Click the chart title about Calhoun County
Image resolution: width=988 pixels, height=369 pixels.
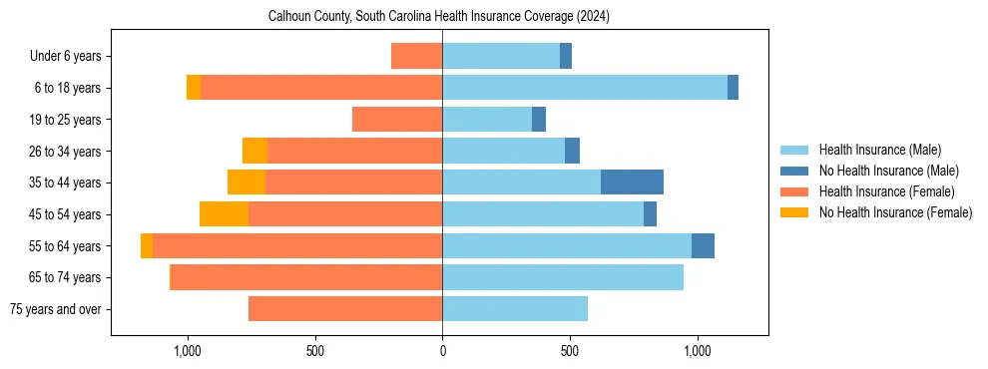pos(439,17)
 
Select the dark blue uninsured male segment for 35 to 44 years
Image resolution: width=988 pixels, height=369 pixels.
pos(632,183)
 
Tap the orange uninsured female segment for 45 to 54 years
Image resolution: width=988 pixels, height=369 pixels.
pos(224,214)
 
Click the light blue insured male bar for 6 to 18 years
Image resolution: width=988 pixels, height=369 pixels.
pos(585,88)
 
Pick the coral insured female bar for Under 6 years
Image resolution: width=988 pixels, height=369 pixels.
pos(416,56)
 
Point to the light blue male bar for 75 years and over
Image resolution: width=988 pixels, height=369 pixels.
pos(515,309)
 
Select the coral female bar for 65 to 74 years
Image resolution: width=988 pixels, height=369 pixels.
pos(305,277)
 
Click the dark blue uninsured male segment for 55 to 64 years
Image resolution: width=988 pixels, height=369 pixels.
pos(703,246)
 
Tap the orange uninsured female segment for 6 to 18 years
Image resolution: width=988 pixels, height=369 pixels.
pos(194,88)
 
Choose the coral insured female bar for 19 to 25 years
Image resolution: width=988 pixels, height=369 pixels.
pos(397,120)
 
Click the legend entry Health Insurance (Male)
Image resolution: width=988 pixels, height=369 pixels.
pos(879,150)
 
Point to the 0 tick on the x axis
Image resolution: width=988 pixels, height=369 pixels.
pos(442,351)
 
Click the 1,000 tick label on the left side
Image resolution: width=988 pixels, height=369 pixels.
pos(188,351)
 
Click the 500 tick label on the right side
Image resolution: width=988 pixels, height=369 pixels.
pos(570,351)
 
